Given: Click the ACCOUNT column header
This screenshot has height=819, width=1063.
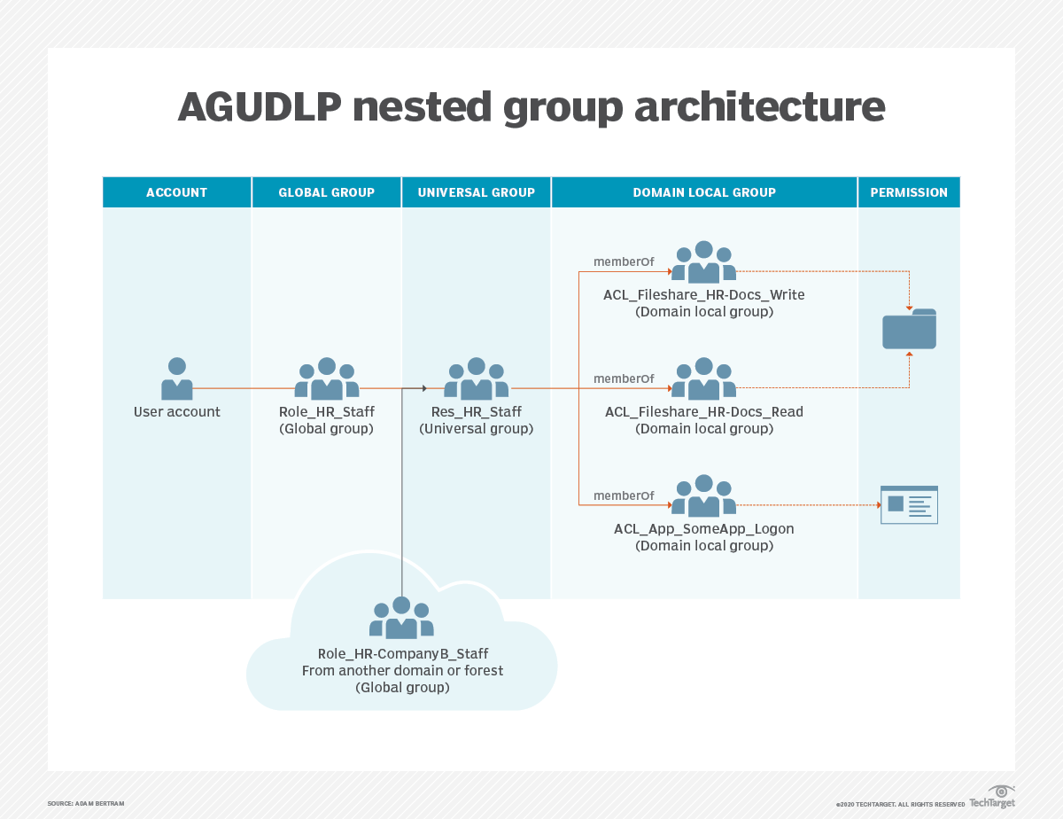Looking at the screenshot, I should pos(176,192).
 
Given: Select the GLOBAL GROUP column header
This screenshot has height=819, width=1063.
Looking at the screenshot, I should pos(326,192).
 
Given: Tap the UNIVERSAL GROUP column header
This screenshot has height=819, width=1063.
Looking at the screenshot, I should pos(476,192).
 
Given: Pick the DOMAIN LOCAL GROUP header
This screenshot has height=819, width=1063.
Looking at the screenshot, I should pos(704,192).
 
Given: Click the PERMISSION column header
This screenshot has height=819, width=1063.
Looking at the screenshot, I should pos(909,192).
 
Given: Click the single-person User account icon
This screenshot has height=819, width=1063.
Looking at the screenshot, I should pos(177,378).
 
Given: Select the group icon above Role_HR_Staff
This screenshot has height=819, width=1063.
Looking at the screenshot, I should pos(327,378).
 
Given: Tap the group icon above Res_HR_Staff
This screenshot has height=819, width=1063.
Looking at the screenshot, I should pos(477,378).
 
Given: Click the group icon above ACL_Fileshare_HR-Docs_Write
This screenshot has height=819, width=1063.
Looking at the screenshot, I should pos(704,261).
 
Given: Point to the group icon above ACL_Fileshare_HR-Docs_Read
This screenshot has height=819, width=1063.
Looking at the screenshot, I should pos(704,378).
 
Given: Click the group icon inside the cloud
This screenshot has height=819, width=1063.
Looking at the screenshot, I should pos(401,617).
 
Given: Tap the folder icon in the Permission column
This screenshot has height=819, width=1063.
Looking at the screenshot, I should pos(909,329).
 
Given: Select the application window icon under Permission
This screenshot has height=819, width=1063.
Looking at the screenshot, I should pos(909,504).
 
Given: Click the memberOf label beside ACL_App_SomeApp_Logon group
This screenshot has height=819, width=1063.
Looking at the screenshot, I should pos(624,495).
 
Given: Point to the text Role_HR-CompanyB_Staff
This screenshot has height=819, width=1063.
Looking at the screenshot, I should pos(402,654).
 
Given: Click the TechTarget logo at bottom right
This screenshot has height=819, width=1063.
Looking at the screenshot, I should pos(992,797).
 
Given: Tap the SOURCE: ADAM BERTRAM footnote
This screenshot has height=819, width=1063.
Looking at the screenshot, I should pos(86,803).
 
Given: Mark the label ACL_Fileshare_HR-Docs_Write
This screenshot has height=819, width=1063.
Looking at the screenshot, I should pos(704,295).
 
